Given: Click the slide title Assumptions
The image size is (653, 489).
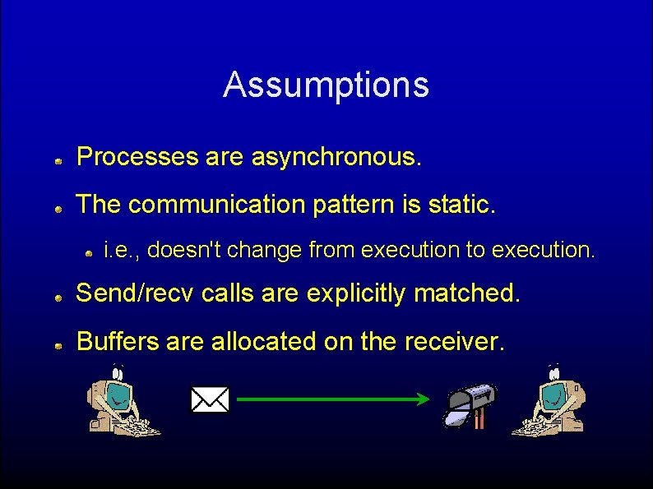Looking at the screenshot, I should click(326, 85).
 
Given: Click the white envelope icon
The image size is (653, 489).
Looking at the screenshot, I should click(210, 399).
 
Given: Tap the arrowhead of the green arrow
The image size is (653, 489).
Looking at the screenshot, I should click(423, 399).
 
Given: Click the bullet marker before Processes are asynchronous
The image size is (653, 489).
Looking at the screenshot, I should click(59, 163).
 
